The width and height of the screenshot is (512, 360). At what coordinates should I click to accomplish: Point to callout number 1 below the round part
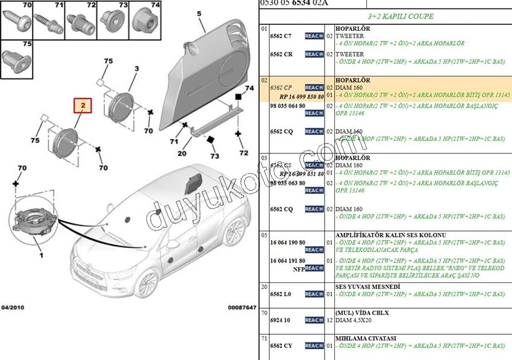point(41,255)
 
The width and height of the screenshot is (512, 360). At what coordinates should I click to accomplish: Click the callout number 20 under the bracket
point(182,153)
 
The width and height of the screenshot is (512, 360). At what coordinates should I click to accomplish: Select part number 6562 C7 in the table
point(281,36)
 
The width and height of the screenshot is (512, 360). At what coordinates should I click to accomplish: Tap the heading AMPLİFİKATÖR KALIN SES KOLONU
point(390,234)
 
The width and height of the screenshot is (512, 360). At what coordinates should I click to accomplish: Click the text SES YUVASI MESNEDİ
point(367,286)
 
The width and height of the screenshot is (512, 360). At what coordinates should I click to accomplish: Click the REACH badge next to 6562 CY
point(314,346)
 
